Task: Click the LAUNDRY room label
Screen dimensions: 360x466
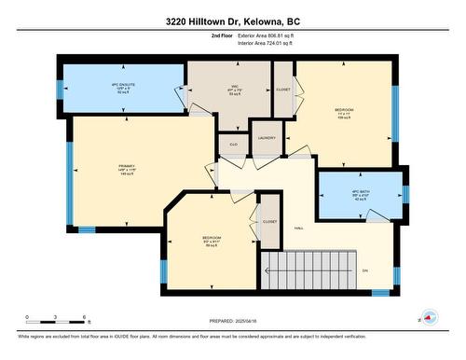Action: coord(266,137)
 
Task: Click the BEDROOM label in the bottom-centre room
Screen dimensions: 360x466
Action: coord(212,238)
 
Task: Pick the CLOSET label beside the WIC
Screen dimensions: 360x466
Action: coord(282,90)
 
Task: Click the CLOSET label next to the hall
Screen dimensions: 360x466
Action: coord(269,221)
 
